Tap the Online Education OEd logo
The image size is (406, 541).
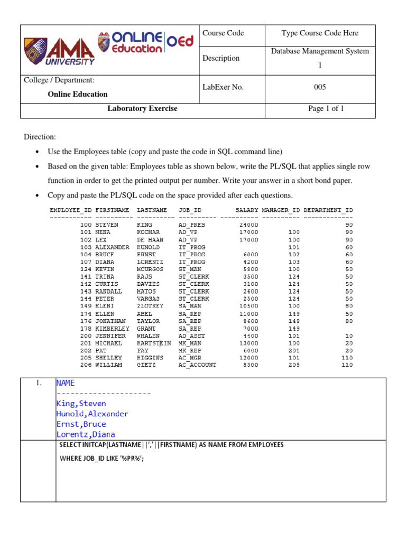[145, 42]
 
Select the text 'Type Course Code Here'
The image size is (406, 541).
[320, 33]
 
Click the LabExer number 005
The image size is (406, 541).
[320, 87]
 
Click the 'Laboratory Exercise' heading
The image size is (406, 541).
[142, 109]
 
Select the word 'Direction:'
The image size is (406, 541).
[40, 137]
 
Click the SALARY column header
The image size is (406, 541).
[247, 210]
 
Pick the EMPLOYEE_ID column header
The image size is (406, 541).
[70, 210]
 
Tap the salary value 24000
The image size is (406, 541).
[248, 225]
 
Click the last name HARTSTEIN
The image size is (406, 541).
[154, 343]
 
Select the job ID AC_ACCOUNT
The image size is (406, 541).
[197, 365]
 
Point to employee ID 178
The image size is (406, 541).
[86, 328]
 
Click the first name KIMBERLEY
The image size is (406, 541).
[112, 328]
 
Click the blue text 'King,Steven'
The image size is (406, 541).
[81, 404]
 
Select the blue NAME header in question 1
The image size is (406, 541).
[66, 383]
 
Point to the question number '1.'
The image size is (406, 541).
[39, 384]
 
